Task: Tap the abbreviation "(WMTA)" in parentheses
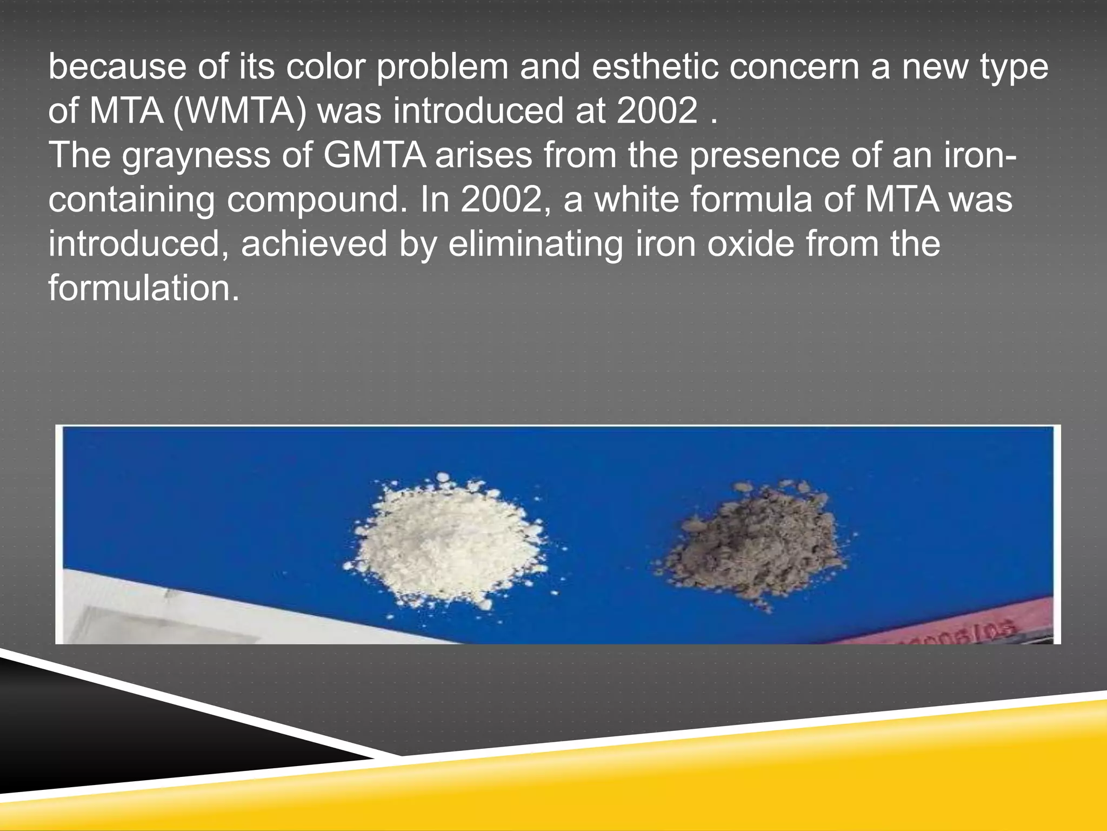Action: [239, 111]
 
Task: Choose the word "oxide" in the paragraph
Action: [751, 244]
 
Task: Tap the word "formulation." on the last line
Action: [144, 288]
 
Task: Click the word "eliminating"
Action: [535, 245]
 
